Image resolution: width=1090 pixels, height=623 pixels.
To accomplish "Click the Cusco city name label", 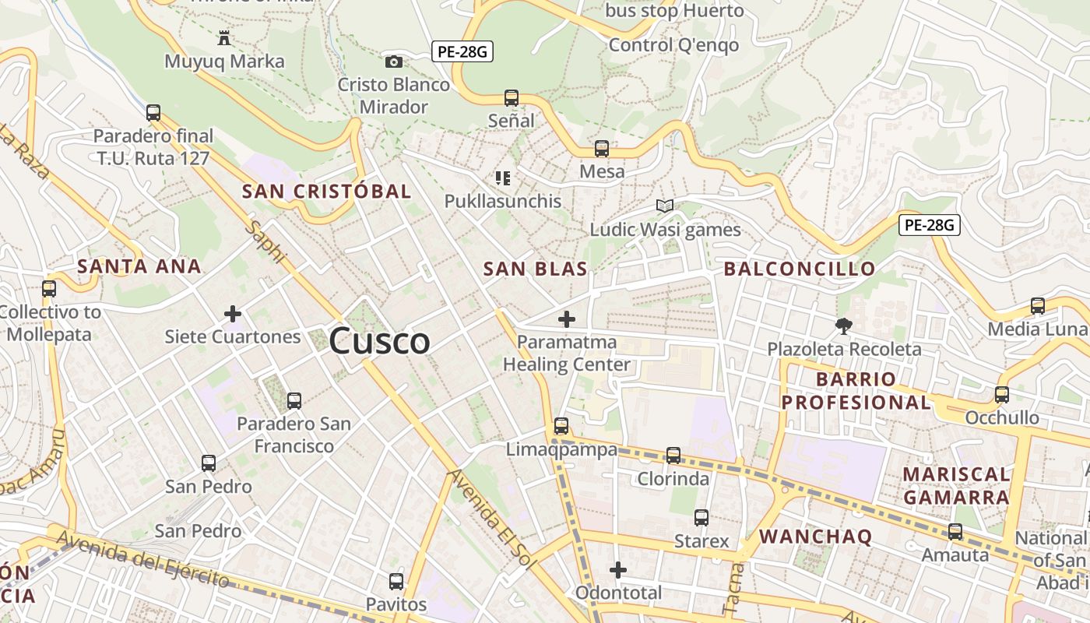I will point(379,341).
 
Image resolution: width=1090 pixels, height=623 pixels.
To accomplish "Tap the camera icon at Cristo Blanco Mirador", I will point(394,62).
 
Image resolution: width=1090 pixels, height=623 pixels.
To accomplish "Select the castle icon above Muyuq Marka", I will point(224,37).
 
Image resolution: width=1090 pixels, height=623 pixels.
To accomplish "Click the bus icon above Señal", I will point(512,98).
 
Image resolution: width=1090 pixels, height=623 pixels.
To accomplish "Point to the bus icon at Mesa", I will point(602,148).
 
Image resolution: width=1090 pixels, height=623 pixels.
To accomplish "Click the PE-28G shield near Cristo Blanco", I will point(462,52).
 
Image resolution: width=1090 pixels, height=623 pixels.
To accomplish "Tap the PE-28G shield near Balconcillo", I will point(930,225).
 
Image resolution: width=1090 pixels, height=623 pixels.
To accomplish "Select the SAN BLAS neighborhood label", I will point(535,269).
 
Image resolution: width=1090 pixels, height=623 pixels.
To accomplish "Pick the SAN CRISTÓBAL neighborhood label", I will point(326,192).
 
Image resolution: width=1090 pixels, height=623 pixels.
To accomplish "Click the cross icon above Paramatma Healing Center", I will point(567,319).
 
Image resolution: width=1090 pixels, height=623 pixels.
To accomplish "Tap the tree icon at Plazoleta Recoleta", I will point(843,326).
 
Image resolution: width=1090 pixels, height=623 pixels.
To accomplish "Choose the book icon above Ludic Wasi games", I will point(664,206).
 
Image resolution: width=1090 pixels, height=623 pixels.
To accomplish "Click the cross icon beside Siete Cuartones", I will point(232,314).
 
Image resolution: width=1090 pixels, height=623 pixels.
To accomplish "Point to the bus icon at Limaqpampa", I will point(561,426).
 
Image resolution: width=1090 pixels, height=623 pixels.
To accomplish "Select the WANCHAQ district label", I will point(815,536).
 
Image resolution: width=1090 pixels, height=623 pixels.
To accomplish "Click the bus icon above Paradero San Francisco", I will point(294,401).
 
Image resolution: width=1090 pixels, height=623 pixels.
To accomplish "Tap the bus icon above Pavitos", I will point(396,581).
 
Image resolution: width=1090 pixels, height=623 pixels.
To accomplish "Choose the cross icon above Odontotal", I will point(618,570).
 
